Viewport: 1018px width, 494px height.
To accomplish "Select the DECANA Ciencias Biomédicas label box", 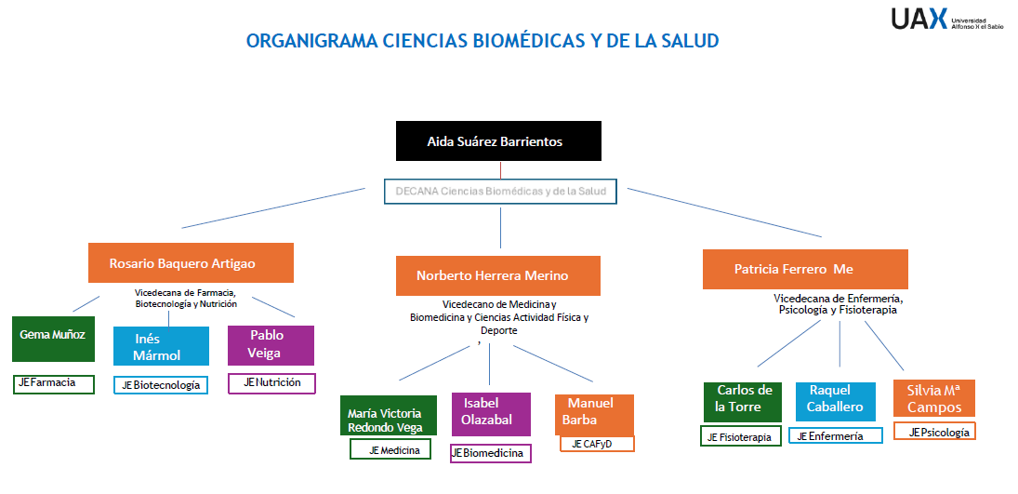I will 500,192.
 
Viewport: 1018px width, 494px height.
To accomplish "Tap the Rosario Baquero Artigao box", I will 191,262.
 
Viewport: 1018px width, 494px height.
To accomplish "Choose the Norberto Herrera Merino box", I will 497,275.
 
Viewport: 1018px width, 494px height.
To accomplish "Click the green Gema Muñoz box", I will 53,339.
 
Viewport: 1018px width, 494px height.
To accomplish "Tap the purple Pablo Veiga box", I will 271,344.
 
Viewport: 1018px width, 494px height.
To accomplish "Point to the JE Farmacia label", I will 54,382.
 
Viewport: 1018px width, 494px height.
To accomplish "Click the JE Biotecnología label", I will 160,385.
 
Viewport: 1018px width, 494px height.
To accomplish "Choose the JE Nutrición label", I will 271,382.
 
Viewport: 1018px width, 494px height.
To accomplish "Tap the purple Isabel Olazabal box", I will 490,413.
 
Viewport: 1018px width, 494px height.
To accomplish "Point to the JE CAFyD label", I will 597,444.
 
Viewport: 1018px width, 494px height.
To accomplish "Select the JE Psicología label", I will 934,432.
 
